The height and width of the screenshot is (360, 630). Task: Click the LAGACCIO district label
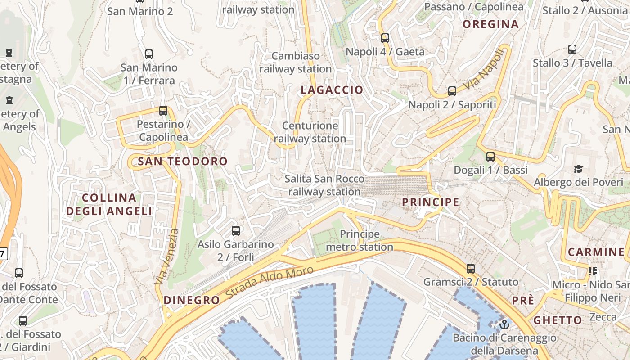[x=332, y=90]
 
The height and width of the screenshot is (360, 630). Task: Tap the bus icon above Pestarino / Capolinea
[x=163, y=110]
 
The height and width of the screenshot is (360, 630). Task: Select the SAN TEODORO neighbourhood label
[x=183, y=162]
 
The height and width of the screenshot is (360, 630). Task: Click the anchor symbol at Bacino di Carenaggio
[x=504, y=324]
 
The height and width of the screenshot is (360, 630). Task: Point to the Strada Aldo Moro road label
[x=269, y=283]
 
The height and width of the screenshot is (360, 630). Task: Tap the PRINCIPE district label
[x=431, y=202]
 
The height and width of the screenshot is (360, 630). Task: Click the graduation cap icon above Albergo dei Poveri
[x=578, y=169]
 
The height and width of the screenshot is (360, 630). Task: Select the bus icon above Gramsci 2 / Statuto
[x=471, y=269]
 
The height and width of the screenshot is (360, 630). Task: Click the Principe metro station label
[x=360, y=241]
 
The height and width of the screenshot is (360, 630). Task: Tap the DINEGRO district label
[x=192, y=301]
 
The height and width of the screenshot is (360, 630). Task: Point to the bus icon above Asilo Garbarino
[x=235, y=231]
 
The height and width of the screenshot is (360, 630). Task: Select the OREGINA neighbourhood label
[x=490, y=24]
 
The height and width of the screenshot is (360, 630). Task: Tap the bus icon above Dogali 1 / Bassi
[x=490, y=157]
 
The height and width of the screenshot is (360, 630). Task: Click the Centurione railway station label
[x=310, y=132]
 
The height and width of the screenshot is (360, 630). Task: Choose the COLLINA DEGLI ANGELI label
[x=109, y=204]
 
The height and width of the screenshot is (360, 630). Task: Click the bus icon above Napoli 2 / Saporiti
[x=452, y=91]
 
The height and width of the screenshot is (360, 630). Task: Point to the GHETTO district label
[x=558, y=320]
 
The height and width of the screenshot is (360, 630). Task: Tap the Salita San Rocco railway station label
[x=324, y=185]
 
